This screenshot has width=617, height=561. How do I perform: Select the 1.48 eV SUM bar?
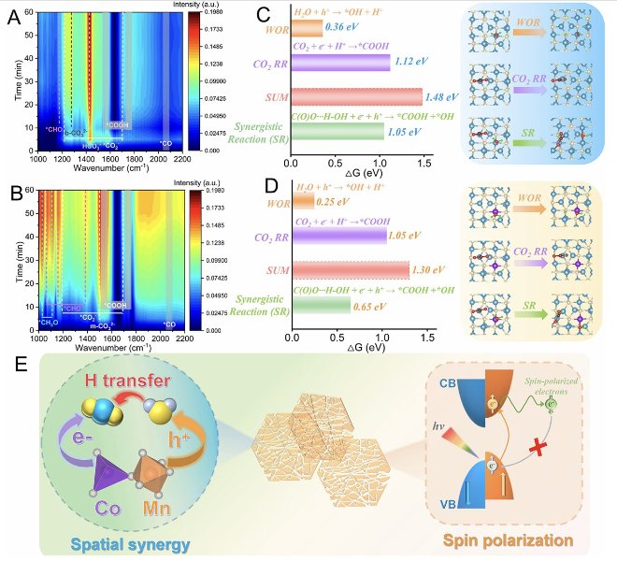[356, 96]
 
